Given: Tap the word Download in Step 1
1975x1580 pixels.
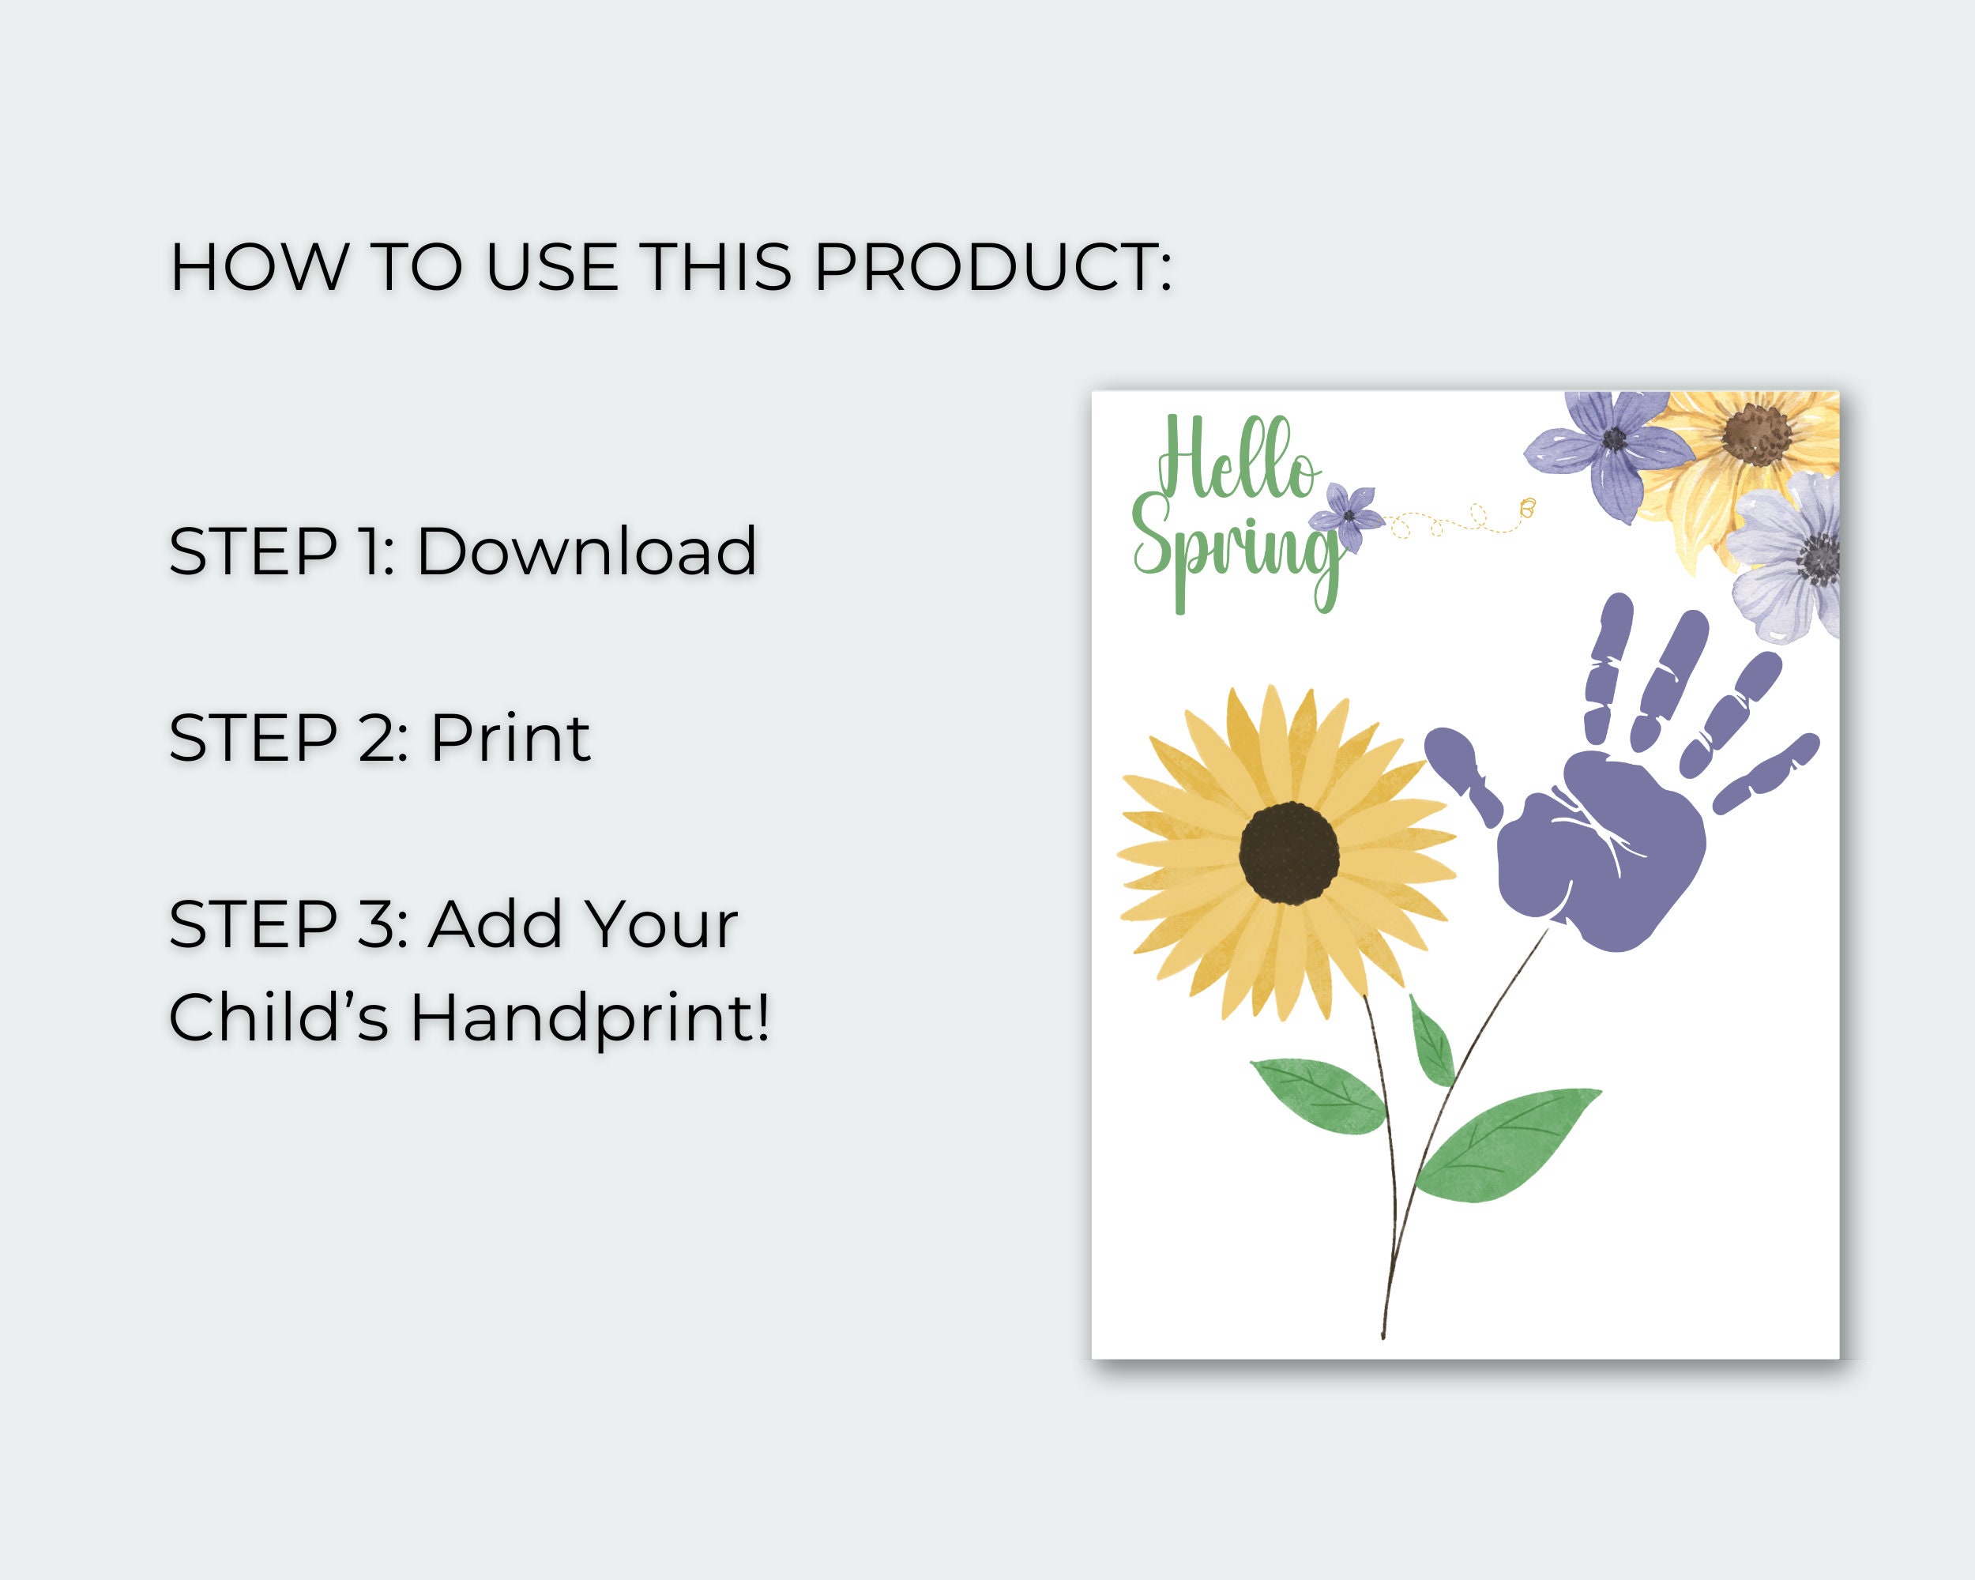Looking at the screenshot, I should click(586, 551).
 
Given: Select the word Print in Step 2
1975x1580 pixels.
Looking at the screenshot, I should click(510, 738).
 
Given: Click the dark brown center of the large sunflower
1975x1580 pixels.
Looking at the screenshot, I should click(1288, 852).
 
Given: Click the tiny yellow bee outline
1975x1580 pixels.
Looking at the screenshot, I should click(1527, 506).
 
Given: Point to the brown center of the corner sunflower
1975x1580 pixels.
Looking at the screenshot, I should click(1755, 434).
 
